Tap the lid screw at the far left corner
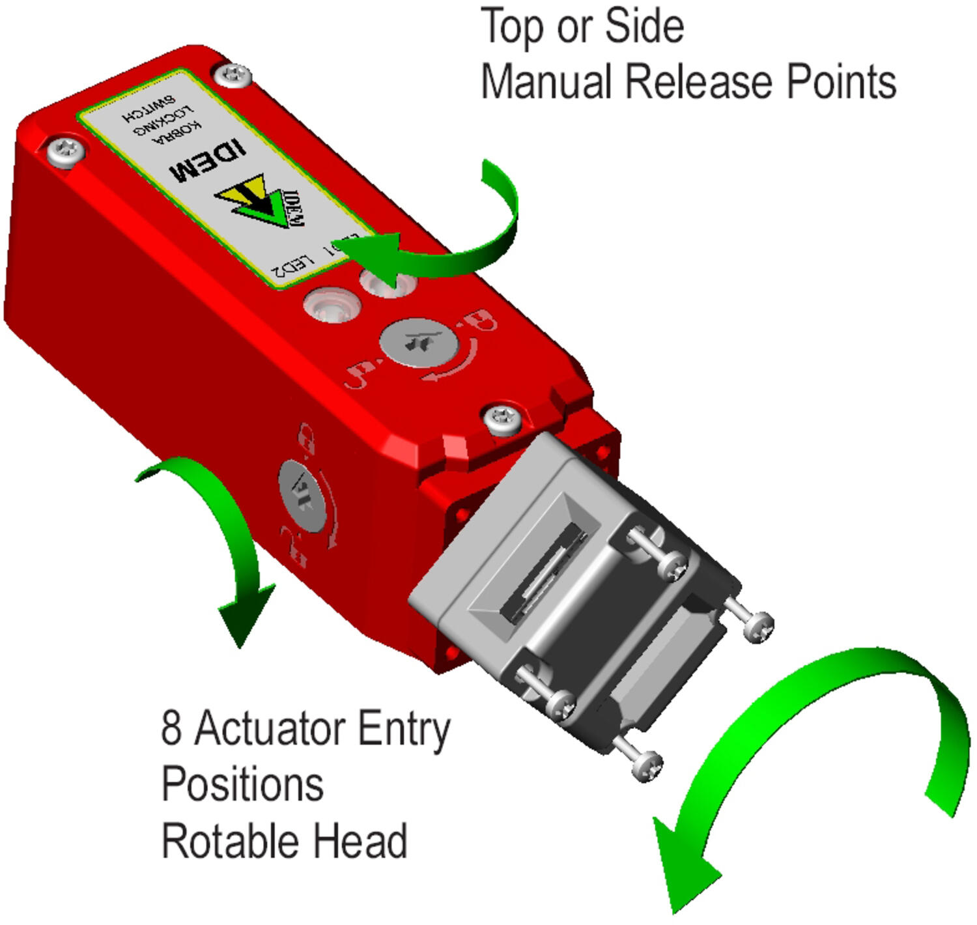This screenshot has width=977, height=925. (x=66, y=152)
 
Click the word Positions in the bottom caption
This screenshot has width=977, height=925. (x=242, y=784)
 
